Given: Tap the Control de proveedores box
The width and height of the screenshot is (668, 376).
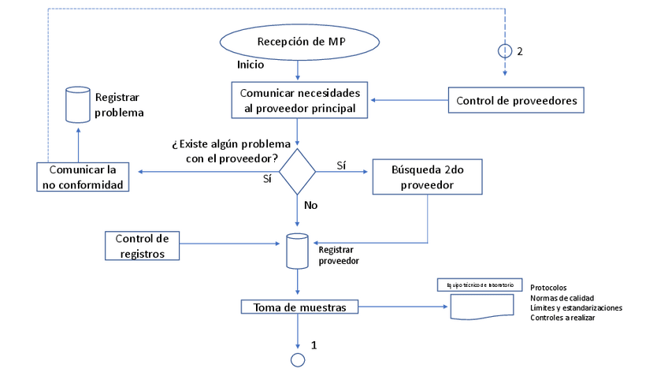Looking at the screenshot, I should click(x=516, y=100).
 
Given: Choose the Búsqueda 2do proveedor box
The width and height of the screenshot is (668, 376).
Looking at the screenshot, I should click(x=427, y=177).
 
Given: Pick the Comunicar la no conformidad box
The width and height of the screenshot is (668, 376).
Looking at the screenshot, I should click(x=83, y=177).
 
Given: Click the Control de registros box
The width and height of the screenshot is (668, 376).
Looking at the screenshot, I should click(x=142, y=245).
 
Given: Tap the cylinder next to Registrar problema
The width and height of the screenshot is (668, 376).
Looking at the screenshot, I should click(x=77, y=104).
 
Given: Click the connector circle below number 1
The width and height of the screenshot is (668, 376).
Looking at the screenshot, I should click(x=298, y=359).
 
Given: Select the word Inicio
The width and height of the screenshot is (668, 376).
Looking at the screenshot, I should click(x=250, y=65).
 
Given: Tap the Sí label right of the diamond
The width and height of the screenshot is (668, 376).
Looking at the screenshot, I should click(x=341, y=166).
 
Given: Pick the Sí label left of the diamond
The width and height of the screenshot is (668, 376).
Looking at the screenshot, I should click(x=267, y=179).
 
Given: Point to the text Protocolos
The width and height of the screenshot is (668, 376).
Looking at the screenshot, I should click(x=548, y=288).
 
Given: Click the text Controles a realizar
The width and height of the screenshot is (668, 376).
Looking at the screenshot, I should click(x=562, y=318).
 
